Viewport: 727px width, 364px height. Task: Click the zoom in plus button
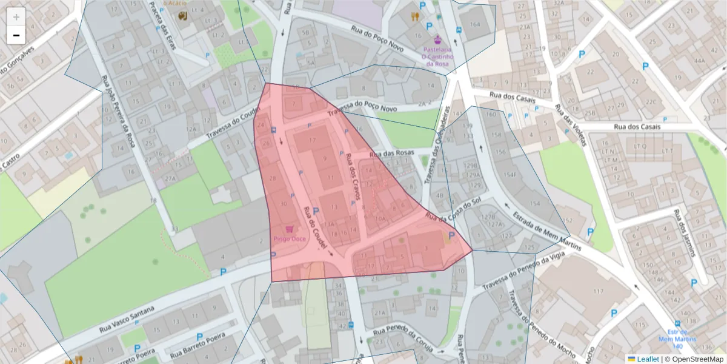16,17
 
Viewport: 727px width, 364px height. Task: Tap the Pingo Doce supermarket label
290,238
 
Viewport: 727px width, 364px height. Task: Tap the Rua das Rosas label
394,153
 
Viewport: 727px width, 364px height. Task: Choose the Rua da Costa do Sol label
453,208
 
